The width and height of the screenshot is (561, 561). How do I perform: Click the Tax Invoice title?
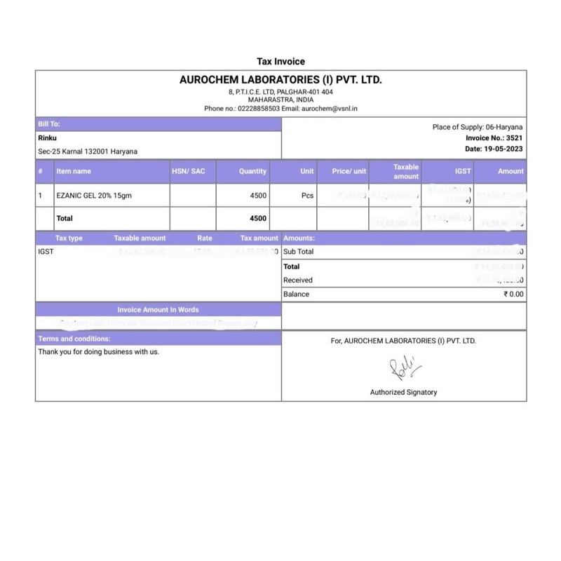[280, 62]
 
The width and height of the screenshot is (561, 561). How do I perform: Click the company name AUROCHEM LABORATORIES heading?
[280, 80]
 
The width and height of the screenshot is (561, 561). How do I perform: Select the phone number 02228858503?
[258, 109]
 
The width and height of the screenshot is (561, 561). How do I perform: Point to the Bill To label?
[49, 124]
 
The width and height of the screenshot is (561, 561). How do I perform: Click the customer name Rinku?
[47, 138]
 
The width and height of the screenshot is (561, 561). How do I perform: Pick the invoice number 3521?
[514, 138]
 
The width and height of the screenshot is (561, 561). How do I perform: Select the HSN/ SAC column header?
[189, 171]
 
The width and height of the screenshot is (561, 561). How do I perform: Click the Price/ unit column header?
[349, 171]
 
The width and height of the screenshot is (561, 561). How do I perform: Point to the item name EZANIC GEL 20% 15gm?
[94, 196]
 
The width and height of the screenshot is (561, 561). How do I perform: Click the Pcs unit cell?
[307, 196]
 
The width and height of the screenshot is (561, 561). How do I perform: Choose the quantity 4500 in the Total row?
[258, 218]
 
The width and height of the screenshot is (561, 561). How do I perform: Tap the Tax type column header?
[69, 238]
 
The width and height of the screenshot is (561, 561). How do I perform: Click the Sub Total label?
[299, 251]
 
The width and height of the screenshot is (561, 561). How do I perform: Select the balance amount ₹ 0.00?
[513, 295]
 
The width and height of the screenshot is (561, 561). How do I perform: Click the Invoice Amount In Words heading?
[158, 309]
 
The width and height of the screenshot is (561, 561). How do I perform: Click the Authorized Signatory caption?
[403, 392]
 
